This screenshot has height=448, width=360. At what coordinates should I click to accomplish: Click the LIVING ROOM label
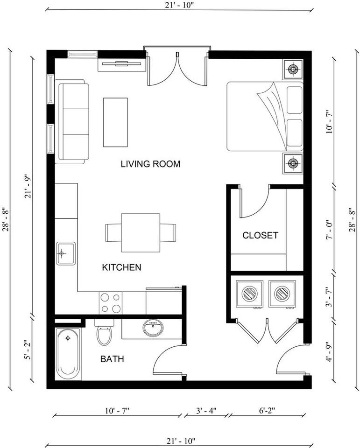click(x=150, y=164)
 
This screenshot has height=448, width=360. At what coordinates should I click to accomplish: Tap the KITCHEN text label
click(x=121, y=267)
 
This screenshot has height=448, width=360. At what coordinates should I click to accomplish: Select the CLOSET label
click(x=260, y=235)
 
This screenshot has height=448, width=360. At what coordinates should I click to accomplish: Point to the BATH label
click(x=112, y=359)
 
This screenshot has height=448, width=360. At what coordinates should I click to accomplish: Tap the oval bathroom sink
click(x=153, y=328)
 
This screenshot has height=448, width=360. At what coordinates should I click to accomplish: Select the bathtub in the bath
click(x=68, y=354)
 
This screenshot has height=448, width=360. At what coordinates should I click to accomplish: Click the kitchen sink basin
click(x=66, y=253)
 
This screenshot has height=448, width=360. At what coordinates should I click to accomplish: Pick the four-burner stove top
click(x=111, y=303)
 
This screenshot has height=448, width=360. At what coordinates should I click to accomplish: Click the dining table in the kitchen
click(x=141, y=232)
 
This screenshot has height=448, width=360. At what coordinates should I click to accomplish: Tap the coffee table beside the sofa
click(x=115, y=122)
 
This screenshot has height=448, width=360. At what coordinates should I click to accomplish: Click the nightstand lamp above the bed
click(x=293, y=69)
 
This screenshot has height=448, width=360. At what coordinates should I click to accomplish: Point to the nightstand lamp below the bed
click(x=293, y=163)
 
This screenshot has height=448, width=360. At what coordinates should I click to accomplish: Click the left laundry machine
click(x=250, y=294)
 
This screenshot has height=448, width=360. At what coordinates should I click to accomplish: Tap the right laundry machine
click(x=282, y=294)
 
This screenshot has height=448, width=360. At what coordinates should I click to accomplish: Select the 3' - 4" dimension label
click(x=206, y=411)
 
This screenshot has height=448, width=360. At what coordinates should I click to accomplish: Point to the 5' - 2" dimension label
click(x=27, y=350)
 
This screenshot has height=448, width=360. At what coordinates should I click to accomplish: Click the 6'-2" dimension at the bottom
click(x=267, y=411)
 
